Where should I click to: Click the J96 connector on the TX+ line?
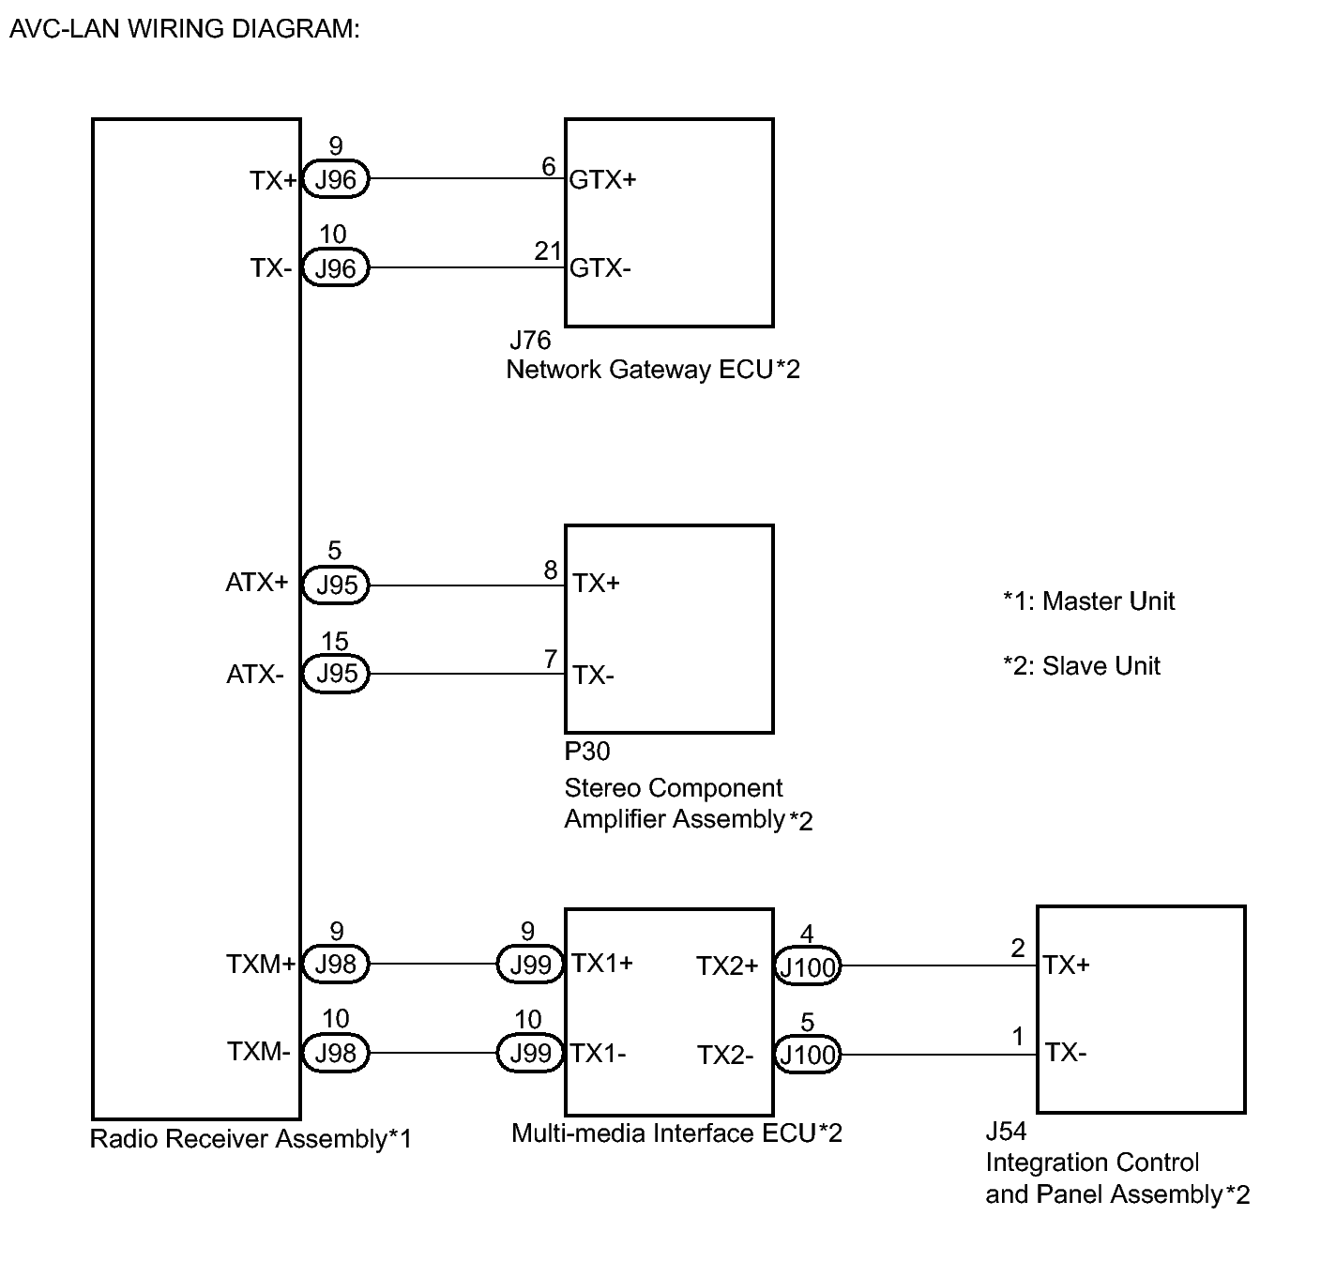pyautogui.click(x=336, y=179)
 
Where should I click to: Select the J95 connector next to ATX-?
pyautogui.click(x=336, y=674)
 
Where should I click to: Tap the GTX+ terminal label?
pyautogui.click(x=602, y=179)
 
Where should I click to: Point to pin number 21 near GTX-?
pyautogui.click(x=548, y=251)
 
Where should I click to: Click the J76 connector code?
pyautogui.click(x=530, y=340)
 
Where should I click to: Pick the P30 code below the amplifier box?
pyautogui.click(x=587, y=752)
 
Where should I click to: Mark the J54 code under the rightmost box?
pyautogui.click(x=1006, y=1131)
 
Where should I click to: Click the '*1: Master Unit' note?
pyautogui.click(x=1088, y=601)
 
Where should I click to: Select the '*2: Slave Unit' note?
pyautogui.click(x=1082, y=666)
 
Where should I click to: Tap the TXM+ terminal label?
pyautogui.click(x=261, y=964)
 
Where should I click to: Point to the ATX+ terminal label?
pyautogui.click(x=257, y=583)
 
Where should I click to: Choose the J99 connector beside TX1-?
pyautogui.click(x=530, y=1054)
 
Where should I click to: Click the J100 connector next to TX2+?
pyautogui.click(x=808, y=966)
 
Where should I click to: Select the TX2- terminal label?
pyautogui.click(x=725, y=1056)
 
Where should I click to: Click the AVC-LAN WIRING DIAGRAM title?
pyautogui.click(x=184, y=28)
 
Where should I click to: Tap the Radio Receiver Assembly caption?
pyautogui.click(x=250, y=1139)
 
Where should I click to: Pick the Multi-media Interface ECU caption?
pyautogui.click(x=676, y=1133)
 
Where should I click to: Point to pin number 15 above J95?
pyautogui.click(x=335, y=642)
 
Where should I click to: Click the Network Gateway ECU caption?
pyautogui.click(x=653, y=370)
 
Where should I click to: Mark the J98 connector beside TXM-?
pyautogui.click(x=336, y=1053)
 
